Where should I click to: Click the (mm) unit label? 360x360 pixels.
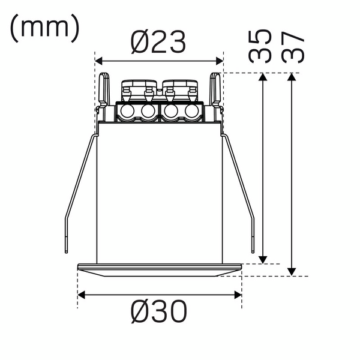coord(44,28)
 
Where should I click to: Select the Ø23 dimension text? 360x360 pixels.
coord(158,43)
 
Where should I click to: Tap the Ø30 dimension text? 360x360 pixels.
coord(159,311)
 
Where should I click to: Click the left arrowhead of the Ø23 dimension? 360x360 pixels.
coord(99,61)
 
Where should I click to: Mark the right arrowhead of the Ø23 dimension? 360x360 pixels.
coord(220,61)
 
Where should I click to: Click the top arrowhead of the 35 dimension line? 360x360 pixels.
coord(262,77)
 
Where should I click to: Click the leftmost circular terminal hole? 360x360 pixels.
coord(127,112)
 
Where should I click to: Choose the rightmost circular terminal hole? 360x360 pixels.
coord(192,112)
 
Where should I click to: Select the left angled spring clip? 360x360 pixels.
coord(79,186)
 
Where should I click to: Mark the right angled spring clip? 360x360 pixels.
coord(240,186)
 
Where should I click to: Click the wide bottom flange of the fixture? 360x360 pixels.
coord(160,269)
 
